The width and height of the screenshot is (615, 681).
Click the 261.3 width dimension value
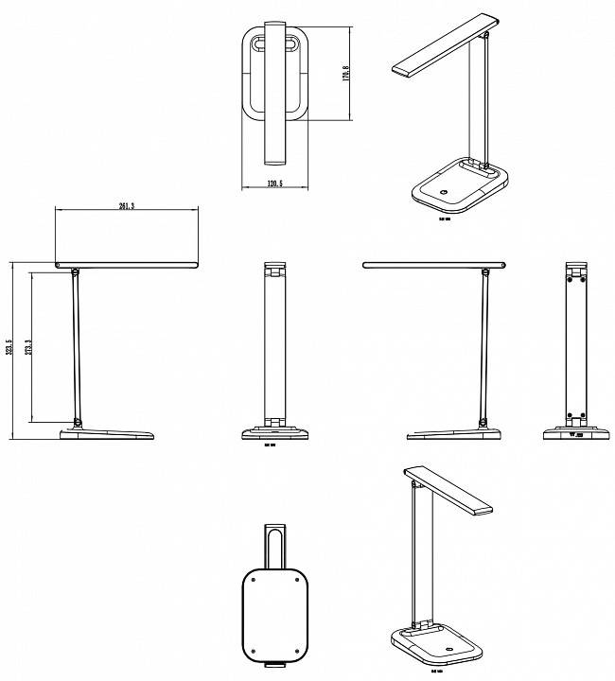(x=126, y=205)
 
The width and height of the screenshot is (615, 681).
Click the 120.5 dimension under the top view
(x=274, y=183)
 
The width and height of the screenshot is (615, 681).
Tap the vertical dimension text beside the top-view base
(x=347, y=73)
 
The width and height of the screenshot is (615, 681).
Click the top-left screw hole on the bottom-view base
(x=252, y=580)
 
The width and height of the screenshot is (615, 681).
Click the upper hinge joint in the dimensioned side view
(x=73, y=272)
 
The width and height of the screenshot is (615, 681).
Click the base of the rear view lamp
(x=574, y=434)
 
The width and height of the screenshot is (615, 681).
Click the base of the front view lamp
(x=274, y=433)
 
